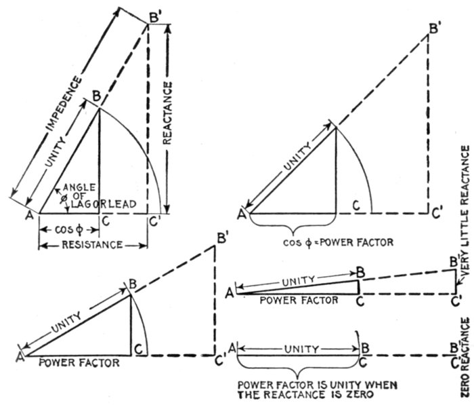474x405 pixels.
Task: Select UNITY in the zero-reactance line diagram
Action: (301, 349)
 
